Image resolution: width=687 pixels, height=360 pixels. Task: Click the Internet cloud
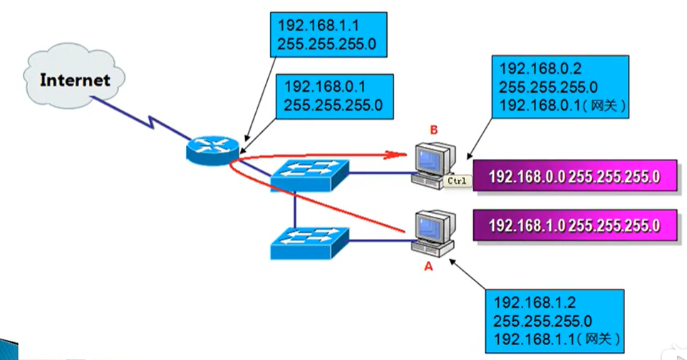pyautogui.click(x=74, y=76)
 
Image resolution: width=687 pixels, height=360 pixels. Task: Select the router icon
pyautogui.click(x=212, y=150)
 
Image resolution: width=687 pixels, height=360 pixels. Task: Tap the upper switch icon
pyautogui.click(x=310, y=175)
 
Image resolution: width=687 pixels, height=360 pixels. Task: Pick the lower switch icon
pyautogui.click(x=310, y=243)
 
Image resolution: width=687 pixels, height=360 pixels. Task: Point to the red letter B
pyautogui.click(x=434, y=130)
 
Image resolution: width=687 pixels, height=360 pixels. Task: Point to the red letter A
pyautogui.click(x=428, y=266)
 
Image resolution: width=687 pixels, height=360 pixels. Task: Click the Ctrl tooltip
pyautogui.click(x=457, y=180)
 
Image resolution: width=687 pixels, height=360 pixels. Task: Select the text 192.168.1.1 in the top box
pyautogui.click(x=319, y=26)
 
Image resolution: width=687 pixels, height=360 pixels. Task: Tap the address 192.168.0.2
pyautogui.click(x=540, y=68)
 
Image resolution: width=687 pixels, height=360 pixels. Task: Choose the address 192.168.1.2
pyautogui.click(x=534, y=302)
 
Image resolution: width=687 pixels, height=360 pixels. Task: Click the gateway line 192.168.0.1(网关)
pyautogui.click(x=562, y=106)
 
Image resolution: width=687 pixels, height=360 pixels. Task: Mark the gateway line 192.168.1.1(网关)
pyautogui.click(x=557, y=339)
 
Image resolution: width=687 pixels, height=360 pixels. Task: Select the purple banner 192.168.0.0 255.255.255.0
pyautogui.click(x=575, y=176)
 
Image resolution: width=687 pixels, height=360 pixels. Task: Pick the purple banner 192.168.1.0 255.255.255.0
pyautogui.click(x=575, y=225)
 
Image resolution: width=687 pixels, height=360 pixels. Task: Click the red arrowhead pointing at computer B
pyautogui.click(x=396, y=154)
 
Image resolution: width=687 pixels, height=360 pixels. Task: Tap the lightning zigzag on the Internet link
pyautogui.click(x=151, y=123)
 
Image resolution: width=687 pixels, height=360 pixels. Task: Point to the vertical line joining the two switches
pyautogui.click(x=295, y=210)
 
